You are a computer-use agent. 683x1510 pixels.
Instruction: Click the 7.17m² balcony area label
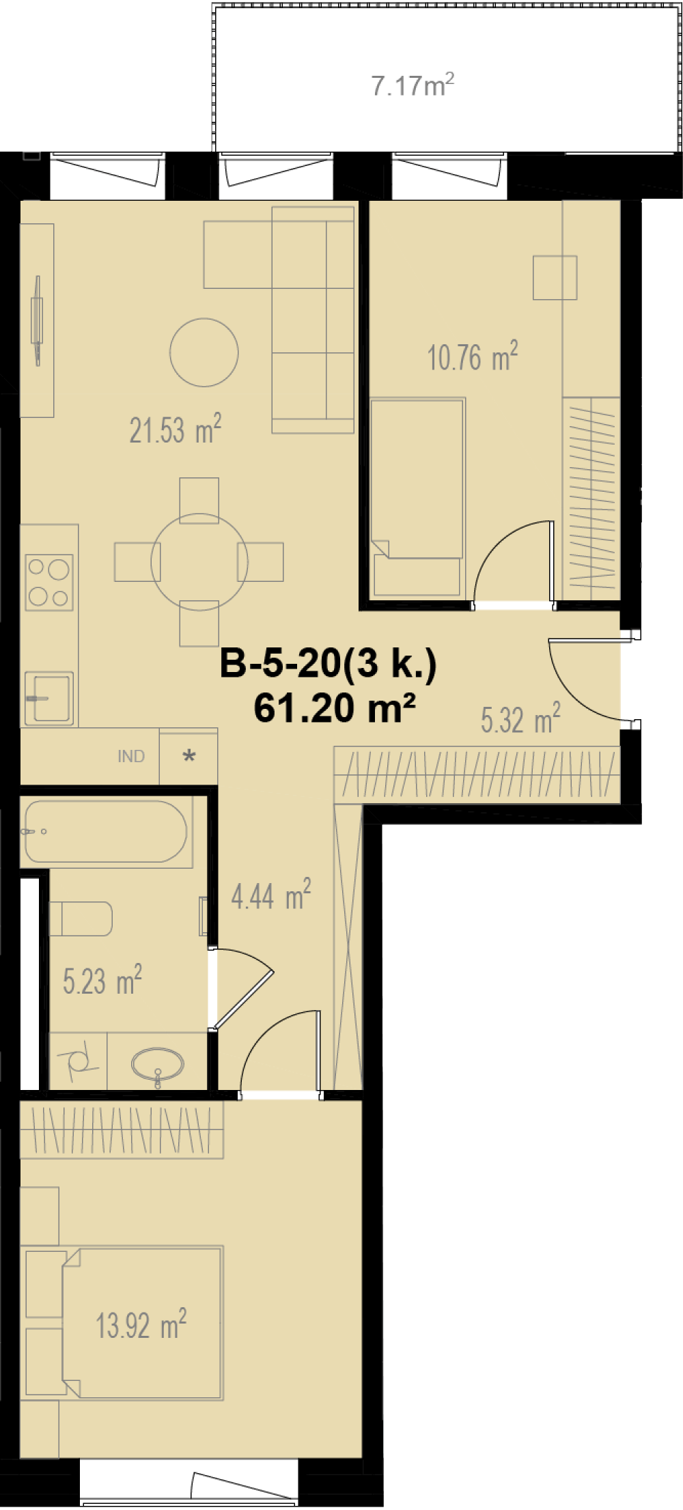pyautogui.click(x=413, y=85)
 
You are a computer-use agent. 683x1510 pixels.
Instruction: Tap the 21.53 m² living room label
pyautogui.click(x=176, y=430)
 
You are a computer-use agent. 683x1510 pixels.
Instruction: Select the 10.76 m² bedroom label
pyautogui.click(x=473, y=356)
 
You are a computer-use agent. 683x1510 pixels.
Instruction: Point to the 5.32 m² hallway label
pyautogui.click(x=520, y=718)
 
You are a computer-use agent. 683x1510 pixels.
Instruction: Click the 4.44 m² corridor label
pyautogui.click(x=271, y=895)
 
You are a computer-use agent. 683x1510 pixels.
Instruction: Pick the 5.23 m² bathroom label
pyautogui.click(x=102, y=980)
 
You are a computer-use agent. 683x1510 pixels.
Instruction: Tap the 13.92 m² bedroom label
pyautogui.click(x=141, y=1325)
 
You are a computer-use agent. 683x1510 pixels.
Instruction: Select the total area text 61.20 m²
pyautogui.click(x=335, y=708)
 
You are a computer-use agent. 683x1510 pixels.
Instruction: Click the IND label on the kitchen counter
pyautogui.click(x=131, y=756)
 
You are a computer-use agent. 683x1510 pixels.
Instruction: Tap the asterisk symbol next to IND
pyautogui.click(x=189, y=756)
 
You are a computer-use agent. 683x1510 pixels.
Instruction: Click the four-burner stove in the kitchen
pyautogui.click(x=49, y=582)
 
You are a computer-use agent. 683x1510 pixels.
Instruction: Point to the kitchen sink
pyautogui.click(x=48, y=698)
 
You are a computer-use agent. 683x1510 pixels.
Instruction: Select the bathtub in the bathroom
pyautogui.click(x=106, y=831)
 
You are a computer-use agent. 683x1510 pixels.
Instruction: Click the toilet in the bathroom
pyautogui.click(x=81, y=919)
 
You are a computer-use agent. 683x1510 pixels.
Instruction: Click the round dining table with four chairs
pyautogui.click(x=199, y=562)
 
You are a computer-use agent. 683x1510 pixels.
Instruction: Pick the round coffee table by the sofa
pyautogui.click(x=204, y=352)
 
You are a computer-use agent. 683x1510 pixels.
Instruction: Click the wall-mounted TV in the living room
pyautogui.click(x=37, y=320)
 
